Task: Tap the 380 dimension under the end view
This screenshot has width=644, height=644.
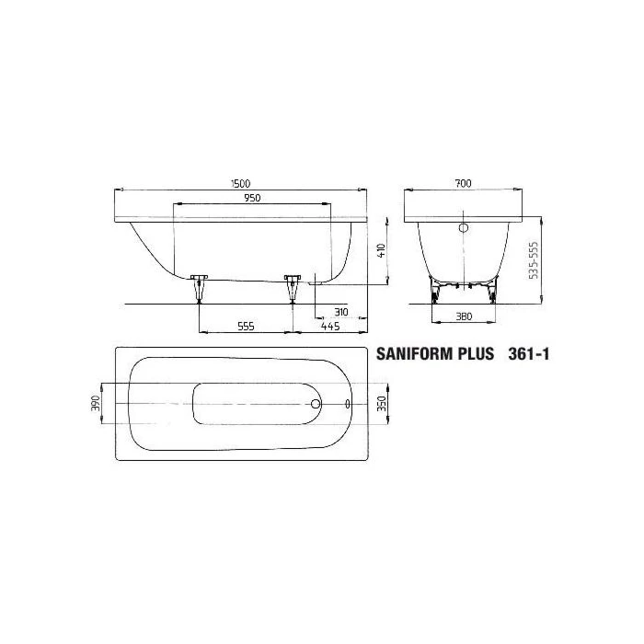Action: pos(463,316)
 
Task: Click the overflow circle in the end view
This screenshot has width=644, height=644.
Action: pos(464,226)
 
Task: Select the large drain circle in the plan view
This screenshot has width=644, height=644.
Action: pos(316,403)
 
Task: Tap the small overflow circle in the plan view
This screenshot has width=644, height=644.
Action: pos(348,403)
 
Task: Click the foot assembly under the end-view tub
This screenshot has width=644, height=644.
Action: pos(463,292)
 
